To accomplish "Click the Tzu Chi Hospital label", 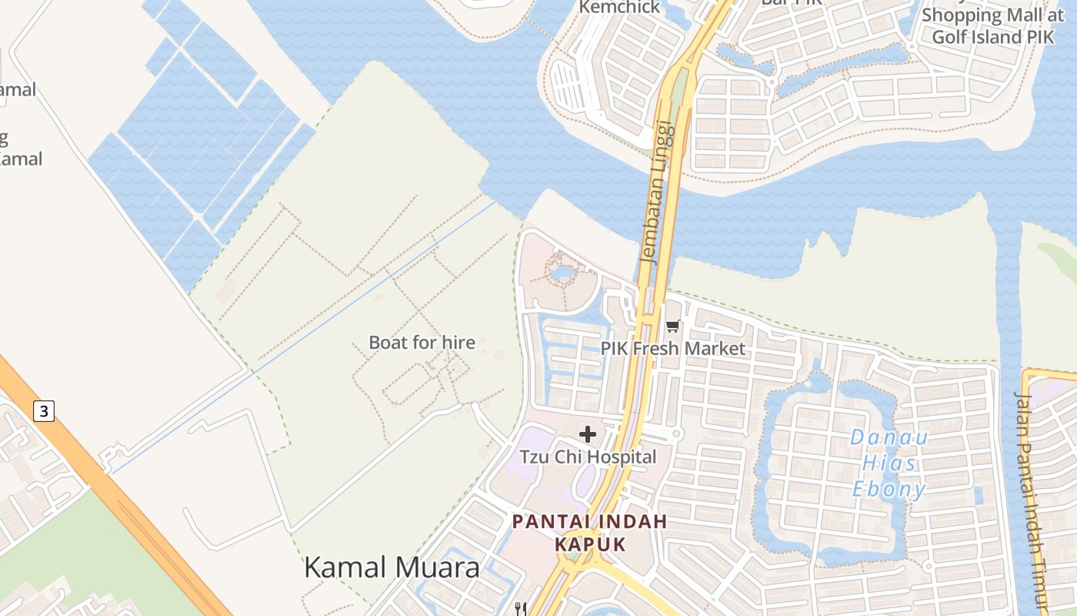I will [x=588, y=457].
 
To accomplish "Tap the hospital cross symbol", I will [x=588, y=434].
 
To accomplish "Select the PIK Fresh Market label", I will [x=672, y=348].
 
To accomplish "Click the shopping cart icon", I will [x=673, y=326].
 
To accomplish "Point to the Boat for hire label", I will [x=422, y=343].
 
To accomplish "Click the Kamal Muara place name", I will [x=392, y=567].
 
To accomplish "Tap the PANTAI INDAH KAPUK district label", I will [x=590, y=533].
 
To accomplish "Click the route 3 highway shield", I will [x=44, y=411].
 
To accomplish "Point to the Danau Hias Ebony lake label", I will [x=889, y=464].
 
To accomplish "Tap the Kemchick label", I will [x=619, y=7].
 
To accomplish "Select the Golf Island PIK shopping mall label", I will [x=992, y=25].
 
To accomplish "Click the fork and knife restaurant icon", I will [x=521, y=609].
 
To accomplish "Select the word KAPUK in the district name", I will [x=590, y=544].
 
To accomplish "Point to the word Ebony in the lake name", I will [x=889, y=490].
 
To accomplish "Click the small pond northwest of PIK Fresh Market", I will [x=562, y=273].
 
